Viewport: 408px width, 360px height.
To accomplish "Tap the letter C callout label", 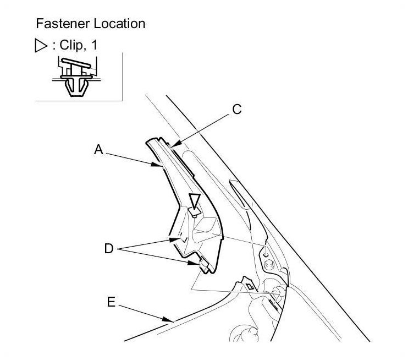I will click(236, 110).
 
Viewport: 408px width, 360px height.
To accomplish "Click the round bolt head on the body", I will click(270, 264).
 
